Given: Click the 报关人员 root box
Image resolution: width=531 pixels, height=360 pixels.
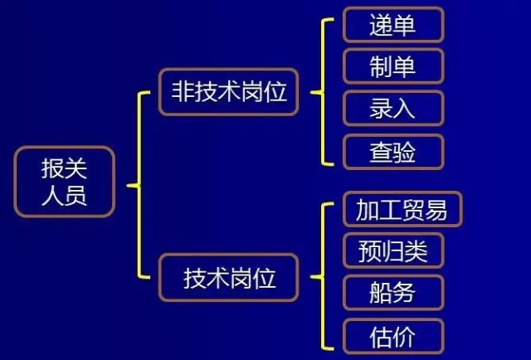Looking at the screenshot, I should [x=65, y=182].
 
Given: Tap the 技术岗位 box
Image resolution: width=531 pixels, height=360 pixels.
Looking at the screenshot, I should [x=228, y=278].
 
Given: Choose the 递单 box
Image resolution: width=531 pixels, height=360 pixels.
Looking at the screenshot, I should [x=393, y=25].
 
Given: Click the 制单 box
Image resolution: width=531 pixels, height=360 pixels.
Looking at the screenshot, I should [x=393, y=66].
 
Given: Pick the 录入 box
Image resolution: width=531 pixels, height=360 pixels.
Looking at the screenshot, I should [x=393, y=109].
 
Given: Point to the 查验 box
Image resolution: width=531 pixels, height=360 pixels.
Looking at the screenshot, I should [x=393, y=152].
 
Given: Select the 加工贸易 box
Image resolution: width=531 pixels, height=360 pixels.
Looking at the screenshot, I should [x=402, y=210].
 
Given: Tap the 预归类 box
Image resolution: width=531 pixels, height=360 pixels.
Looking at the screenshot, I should [x=393, y=251].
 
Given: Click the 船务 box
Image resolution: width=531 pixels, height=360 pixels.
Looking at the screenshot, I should [x=393, y=293].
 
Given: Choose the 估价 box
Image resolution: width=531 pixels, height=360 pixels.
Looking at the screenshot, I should [x=393, y=335].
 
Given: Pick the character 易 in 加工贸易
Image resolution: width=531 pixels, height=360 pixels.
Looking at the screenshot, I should [x=436, y=210].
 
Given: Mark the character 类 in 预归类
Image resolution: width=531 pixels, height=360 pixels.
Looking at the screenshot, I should [x=417, y=251].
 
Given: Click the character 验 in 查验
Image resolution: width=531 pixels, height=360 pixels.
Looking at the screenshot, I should [x=405, y=152].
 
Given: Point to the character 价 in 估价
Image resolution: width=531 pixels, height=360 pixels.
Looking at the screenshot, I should [x=405, y=335].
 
